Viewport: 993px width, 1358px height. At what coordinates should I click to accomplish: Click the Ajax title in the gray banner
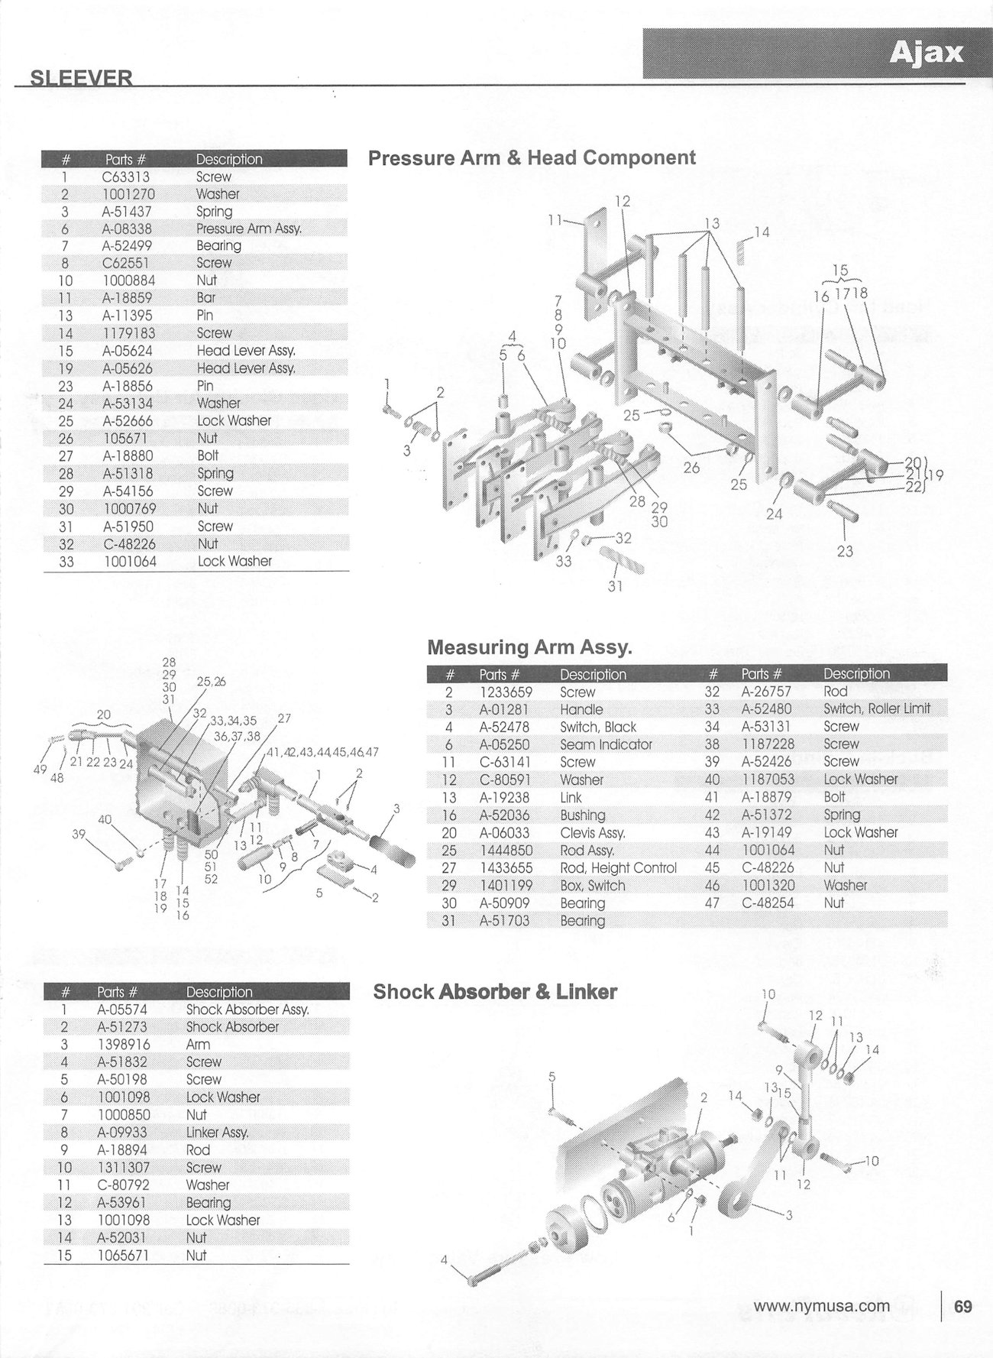pos(926,53)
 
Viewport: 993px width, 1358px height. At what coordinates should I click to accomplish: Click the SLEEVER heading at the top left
pos(81,78)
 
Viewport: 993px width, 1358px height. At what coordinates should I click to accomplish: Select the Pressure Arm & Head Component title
pos(532,158)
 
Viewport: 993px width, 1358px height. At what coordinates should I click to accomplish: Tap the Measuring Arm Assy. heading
pos(529,647)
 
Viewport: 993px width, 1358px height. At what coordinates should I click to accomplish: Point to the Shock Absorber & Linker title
pos(495,992)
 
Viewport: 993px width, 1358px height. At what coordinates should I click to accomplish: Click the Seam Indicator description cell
pos(606,744)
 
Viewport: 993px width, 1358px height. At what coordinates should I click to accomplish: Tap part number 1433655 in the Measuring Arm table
pos(505,868)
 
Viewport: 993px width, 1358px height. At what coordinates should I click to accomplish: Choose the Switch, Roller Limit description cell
pos(876,708)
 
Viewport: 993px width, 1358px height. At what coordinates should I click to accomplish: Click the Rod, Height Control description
pos(618,868)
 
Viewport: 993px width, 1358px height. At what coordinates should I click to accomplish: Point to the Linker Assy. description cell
pos(217,1133)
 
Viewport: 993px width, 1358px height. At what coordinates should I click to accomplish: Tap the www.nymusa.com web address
pos(821,1306)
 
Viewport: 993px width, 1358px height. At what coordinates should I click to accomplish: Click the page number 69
pos(963,1307)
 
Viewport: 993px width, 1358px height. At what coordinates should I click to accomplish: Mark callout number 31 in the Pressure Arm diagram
pos(616,587)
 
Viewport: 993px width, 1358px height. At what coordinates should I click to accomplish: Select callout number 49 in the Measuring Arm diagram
pos(40,770)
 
